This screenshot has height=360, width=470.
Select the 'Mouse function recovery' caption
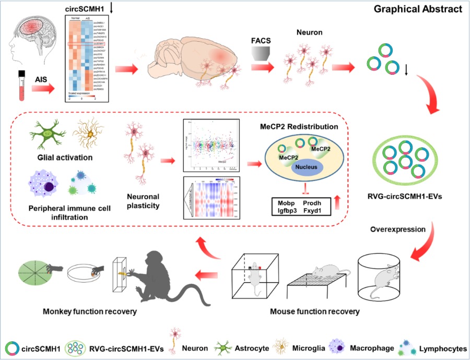315,312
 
